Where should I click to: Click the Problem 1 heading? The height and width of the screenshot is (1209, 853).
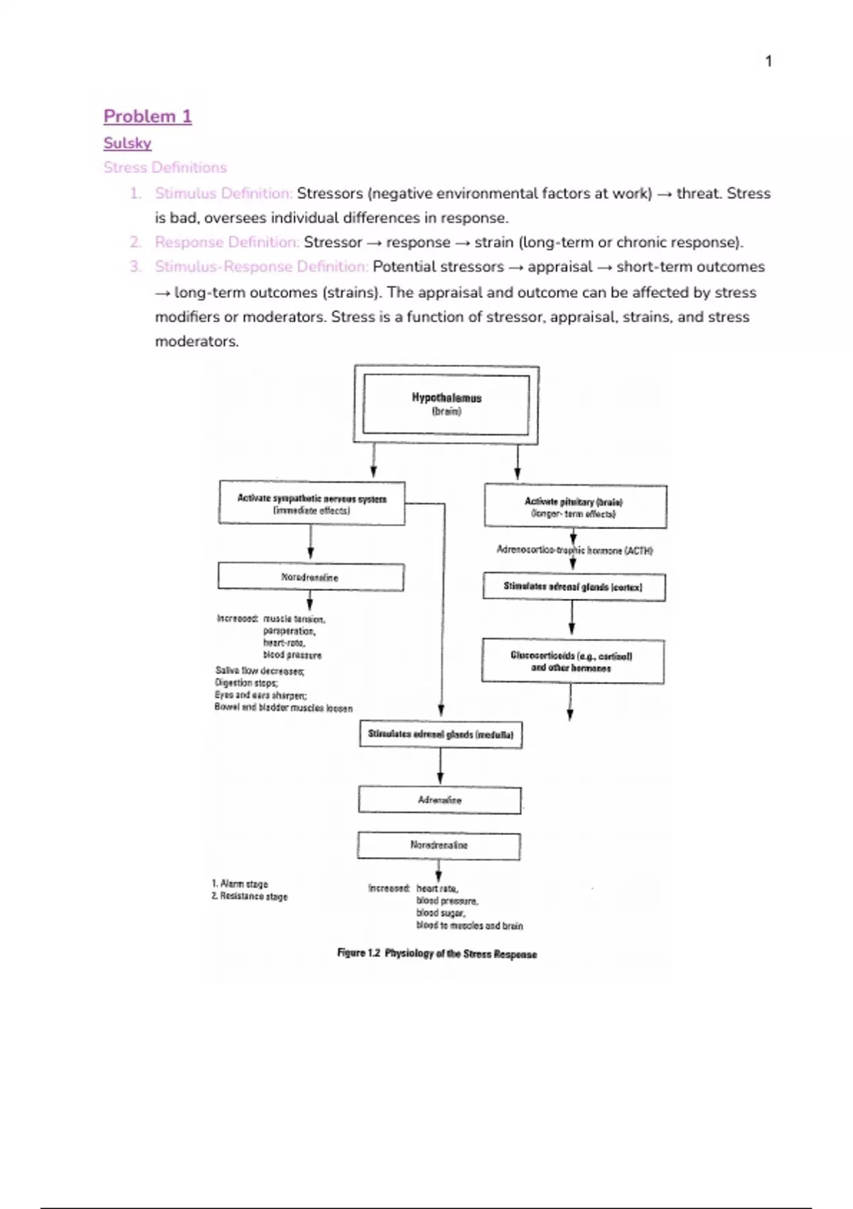[x=148, y=117]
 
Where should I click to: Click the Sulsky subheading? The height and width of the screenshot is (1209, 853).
[x=127, y=143]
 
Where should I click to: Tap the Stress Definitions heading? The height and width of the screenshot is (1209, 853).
[x=165, y=168]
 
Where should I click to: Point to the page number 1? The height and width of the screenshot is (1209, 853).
[x=768, y=62]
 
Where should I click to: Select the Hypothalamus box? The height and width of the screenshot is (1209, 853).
[x=446, y=404]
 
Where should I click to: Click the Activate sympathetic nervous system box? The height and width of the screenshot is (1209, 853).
[x=311, y=504]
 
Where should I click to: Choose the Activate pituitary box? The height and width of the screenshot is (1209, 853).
[x=574, y=506]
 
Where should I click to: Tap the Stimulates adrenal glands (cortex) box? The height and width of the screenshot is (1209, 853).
[x=573, y=587]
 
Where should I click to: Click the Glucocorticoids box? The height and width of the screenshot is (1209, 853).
[x=572, y=661]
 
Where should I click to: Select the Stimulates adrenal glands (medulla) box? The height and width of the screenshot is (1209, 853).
[x=441, y=735]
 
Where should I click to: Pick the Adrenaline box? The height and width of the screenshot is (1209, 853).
[x=439, y=800]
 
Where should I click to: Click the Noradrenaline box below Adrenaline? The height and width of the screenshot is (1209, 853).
[x=439, y=846]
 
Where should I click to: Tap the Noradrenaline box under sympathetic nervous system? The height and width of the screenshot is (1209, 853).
[x=310, y=577]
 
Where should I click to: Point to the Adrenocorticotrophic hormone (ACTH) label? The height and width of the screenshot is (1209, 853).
[x=574, y=550]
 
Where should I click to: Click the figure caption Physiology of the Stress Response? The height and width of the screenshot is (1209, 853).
[x=437, y=954]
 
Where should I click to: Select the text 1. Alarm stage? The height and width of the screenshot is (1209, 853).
[x=240, y=884]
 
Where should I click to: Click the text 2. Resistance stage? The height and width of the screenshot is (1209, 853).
[x=250, y=897]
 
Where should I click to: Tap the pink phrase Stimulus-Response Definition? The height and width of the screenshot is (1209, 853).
[x=262, y=267]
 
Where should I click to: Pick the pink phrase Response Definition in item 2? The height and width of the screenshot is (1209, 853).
[x=227, y=243]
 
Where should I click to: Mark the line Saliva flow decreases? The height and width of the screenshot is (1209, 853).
[x=259, y=671]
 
